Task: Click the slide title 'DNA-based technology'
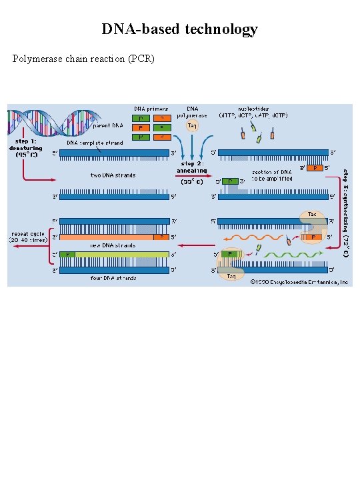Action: point(179,29)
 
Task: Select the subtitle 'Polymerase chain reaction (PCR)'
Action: point(84,59)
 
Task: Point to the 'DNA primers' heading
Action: point(151,109)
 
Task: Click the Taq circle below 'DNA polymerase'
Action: point(192,125)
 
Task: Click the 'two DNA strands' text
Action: point(113,175)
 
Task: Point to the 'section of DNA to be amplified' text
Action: point(271,175)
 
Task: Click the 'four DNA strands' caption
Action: point(113,278)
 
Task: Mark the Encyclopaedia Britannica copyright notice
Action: point(299,282)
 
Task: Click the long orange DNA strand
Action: point(107,237)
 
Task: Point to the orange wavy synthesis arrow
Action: point(249,237)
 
